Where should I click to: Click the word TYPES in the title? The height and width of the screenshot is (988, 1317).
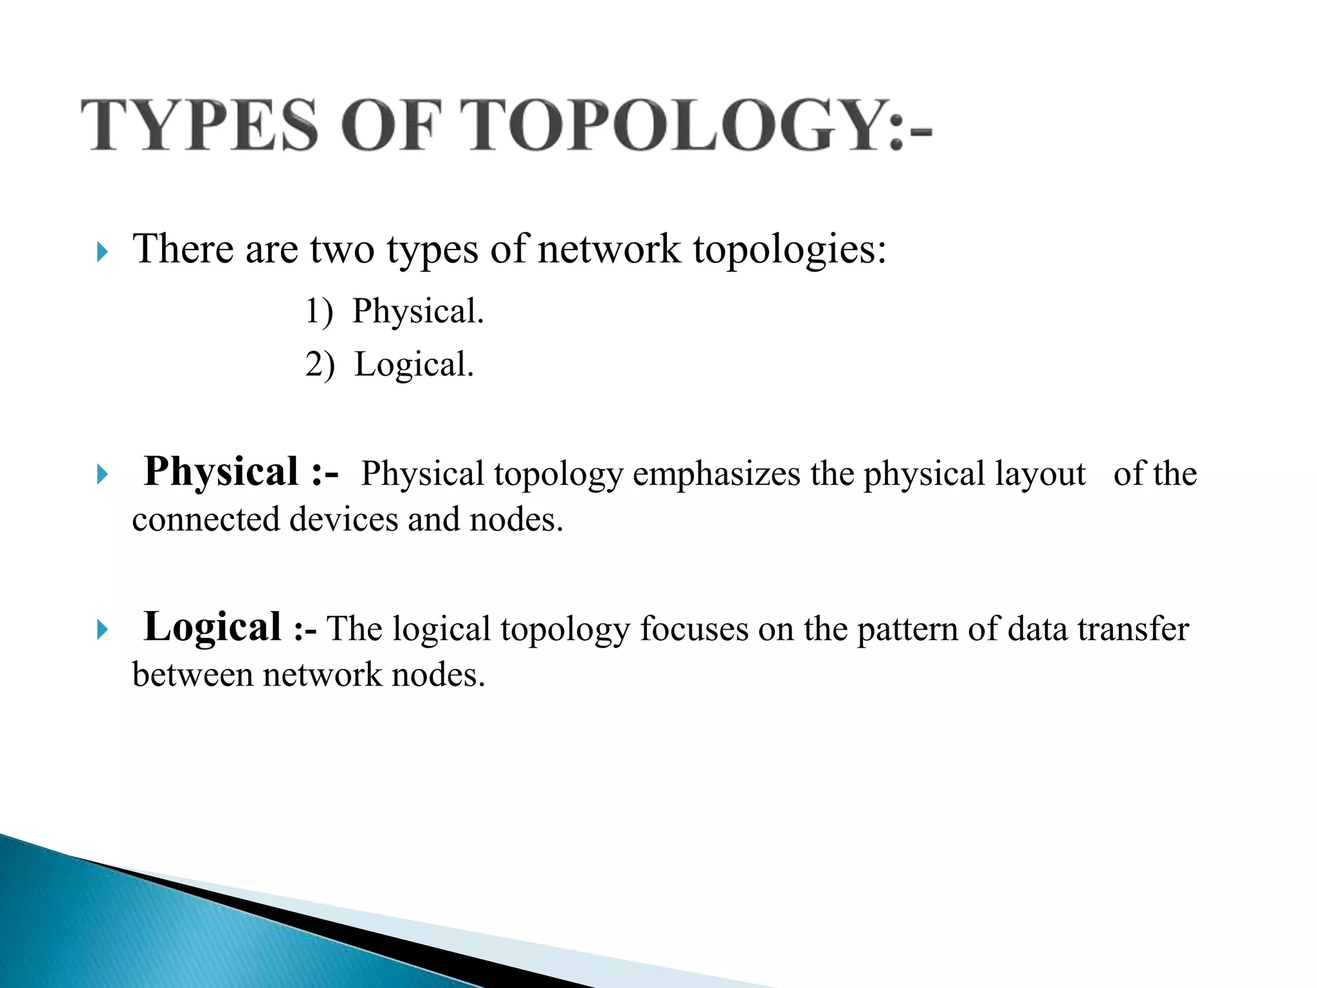click(199, 125)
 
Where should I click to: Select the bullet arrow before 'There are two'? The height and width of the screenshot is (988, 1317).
click(102, 252)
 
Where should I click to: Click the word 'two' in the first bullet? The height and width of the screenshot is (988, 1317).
click(342, 250)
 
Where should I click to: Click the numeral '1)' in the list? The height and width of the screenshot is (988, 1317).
click(319, 312)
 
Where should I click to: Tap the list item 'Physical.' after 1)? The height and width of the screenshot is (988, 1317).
click(418, 312)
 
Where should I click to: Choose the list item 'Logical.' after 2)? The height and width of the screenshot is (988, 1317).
click(414, 365)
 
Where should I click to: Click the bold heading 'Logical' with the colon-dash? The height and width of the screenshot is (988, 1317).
click(229, 627)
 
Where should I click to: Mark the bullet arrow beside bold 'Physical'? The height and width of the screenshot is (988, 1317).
click(102, 475)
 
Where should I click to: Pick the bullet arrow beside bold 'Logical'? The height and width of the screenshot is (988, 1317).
click(102, 630)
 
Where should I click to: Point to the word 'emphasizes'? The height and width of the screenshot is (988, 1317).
click(717, 475)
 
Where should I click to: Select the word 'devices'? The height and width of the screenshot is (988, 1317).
click(343, 520)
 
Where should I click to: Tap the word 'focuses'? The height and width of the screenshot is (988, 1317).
click(694, 629)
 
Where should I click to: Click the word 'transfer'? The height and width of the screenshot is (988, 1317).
click(1133, 629)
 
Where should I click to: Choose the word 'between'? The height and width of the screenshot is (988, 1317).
click(193, 675)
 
